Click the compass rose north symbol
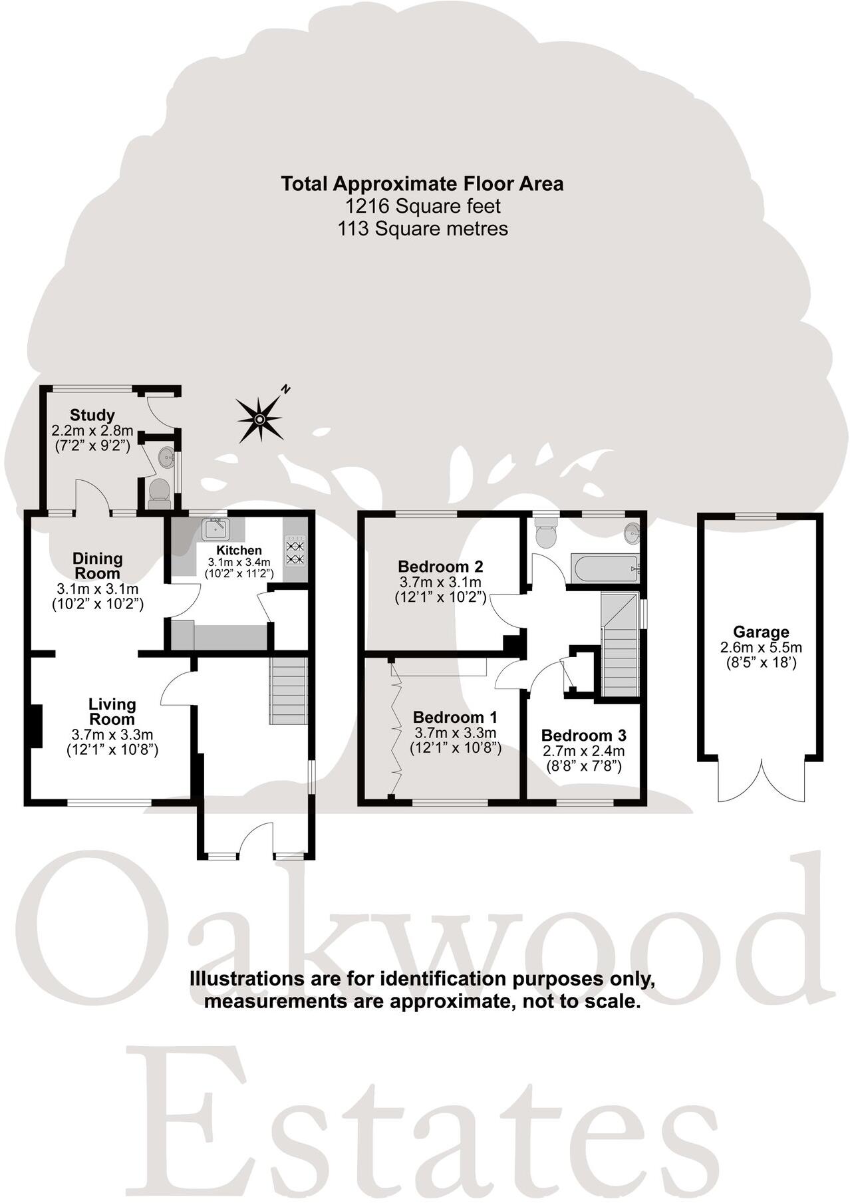coord(261,418)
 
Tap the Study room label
coord(92,416)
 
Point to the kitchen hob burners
coord(295,553)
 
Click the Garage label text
coord(761,632)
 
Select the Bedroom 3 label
coord(583,735)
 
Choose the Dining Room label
coord(97,565)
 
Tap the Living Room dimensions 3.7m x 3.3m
coord(112,734)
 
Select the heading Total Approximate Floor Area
coord(422,184)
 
